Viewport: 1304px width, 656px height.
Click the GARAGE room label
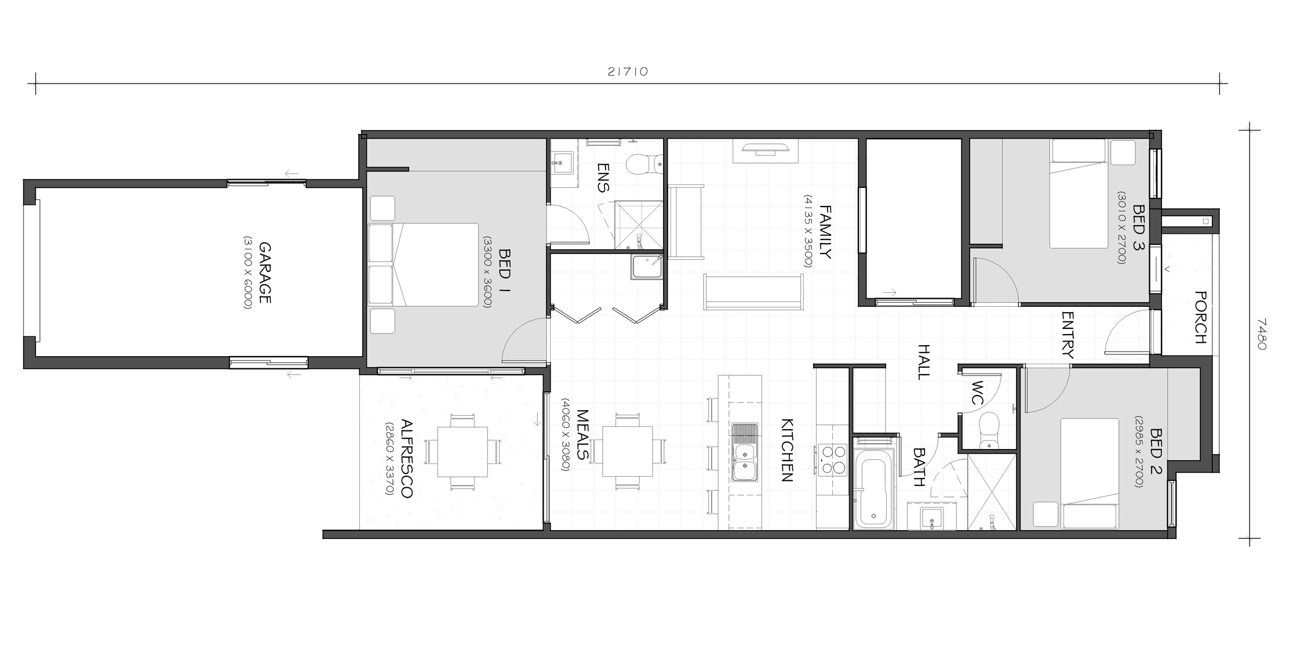[x=264, y=273]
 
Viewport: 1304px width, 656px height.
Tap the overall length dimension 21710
[x=628, y=72]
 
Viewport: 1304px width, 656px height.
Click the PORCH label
[x=1200, y=317]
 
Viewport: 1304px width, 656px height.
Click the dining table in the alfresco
[x=462, y=451]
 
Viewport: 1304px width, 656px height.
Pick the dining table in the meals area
[x=628, y=451]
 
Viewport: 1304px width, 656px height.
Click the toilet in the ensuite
[x=644, y=164]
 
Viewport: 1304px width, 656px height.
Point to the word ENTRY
[x=1068, y=335]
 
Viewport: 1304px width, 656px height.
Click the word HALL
[x=924, y=361]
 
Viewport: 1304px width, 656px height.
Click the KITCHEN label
[x=786, y=450]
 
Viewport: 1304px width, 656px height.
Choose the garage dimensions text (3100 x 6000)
[x=248, y=273]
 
